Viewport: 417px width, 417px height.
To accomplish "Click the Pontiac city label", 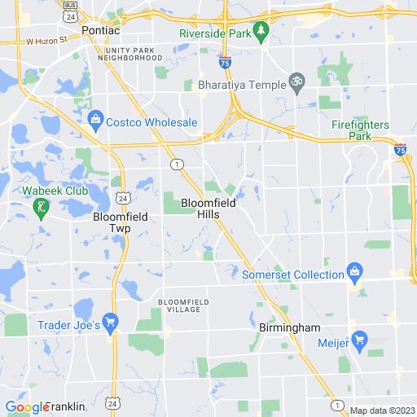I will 100,30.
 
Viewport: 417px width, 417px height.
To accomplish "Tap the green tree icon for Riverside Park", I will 261,33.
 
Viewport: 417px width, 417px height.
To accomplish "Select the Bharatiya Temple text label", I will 242,84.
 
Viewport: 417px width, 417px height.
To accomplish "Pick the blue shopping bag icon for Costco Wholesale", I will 95,122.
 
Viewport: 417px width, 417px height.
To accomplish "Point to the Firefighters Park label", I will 360,130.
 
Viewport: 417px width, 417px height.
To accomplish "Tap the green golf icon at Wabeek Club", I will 39,210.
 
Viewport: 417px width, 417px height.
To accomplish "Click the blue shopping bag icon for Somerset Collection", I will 354,270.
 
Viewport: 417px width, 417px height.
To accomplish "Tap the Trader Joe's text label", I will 68,324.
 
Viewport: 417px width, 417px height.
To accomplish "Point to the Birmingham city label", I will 290,327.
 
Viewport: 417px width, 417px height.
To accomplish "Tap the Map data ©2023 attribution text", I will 381,410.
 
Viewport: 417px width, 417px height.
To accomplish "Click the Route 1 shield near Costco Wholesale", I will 176,165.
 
